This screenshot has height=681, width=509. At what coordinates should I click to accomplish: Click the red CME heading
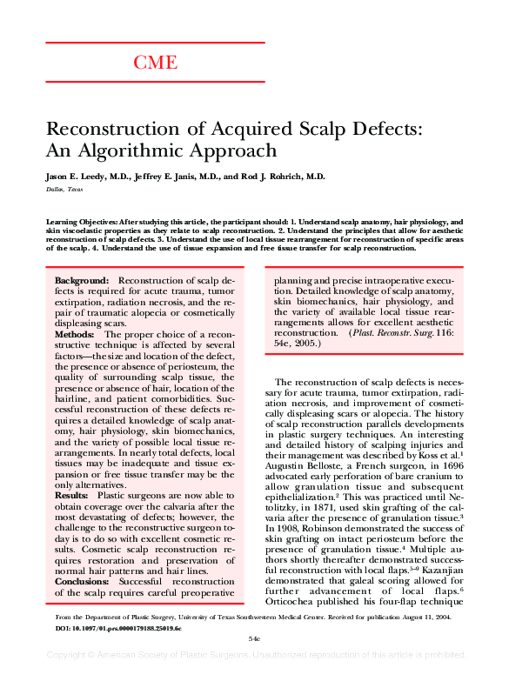[x=156, y=63]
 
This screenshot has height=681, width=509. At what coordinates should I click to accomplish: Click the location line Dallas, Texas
[x=64, y=188]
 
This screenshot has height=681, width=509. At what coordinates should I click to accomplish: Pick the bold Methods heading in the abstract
[x=74, y=334]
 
